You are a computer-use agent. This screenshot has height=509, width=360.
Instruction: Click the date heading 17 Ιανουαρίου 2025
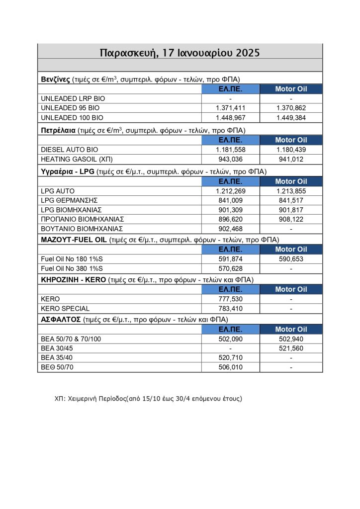click(x=180, y=53)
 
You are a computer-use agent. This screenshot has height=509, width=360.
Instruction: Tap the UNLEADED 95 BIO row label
click(x=70, y=108)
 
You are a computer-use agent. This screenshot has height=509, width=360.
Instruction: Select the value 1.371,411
click(x=231, y=108)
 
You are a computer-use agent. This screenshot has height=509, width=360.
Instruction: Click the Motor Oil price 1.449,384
click(x=291, y=118)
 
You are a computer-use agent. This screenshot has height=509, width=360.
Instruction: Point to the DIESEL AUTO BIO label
click(x=70, y=150)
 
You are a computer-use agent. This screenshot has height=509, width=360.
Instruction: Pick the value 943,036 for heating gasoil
click(x=231, y=160)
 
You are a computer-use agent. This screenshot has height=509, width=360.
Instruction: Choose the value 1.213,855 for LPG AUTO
click(x=291, y=191)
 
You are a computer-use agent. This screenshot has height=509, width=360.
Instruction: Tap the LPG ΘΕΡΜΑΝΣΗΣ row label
click(x=68, y=200)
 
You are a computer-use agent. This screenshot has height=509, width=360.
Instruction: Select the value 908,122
click(x=291, y=219)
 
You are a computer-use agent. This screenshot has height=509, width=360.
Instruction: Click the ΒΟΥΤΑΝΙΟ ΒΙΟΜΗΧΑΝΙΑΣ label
click(x=82, y=229)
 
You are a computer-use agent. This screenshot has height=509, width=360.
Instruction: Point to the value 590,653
click(x=291, y=259)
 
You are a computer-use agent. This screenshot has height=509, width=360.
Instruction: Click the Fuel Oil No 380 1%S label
click(x=74, y=269)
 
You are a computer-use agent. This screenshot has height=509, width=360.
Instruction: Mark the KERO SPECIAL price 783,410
click(x=231, y=309)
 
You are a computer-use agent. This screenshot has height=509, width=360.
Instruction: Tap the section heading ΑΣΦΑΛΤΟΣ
click(x=60, y=319)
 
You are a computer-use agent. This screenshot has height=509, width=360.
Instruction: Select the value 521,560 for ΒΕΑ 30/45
click(x=291, y=348)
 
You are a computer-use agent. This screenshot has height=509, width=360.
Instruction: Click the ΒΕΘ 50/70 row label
click(x=57, y=367)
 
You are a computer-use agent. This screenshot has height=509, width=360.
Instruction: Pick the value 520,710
click(x=231, y=358)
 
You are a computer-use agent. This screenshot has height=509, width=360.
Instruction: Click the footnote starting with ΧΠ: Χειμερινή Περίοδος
click(x=148, y=399)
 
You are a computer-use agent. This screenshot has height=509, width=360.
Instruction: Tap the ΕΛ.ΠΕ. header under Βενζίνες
click(x=231, y=89)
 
